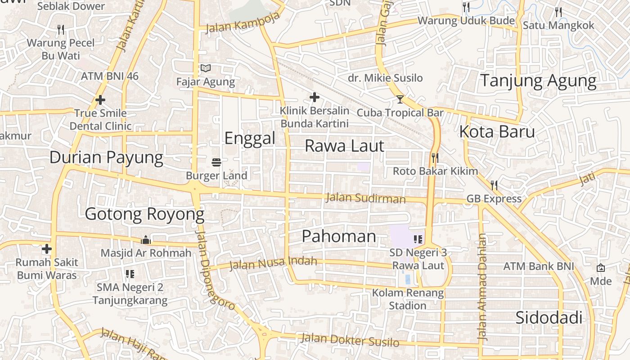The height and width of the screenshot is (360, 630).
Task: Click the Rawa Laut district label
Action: [345, 146]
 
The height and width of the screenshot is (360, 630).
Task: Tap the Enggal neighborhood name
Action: [250, 138]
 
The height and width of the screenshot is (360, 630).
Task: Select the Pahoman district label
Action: [339, 236]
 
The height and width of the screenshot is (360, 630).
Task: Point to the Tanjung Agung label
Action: [539, 81]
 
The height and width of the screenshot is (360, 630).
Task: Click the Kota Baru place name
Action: [497, 132]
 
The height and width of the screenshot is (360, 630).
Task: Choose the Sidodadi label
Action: [549, 318]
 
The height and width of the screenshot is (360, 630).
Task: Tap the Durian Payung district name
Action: [106, 157]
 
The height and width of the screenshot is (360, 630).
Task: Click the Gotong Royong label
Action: [144, 214]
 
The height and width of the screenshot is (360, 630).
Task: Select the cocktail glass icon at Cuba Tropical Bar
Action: [400, 99]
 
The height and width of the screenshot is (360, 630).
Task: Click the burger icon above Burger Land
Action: [216, 162]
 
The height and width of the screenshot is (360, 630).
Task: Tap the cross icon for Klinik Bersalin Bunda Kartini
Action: [314, 97]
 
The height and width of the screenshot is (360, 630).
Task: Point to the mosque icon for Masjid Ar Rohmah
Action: [145, 240]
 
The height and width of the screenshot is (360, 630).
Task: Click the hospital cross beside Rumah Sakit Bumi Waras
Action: [47, 249]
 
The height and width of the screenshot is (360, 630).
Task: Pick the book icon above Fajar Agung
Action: [206, 68]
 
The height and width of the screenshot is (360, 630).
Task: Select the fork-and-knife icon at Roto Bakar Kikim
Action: [435, 157]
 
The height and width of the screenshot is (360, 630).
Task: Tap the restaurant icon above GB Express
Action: [494, 185]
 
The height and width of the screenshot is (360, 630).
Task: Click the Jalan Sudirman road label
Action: [365, 198]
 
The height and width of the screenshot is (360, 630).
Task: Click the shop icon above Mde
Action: [601, 268]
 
